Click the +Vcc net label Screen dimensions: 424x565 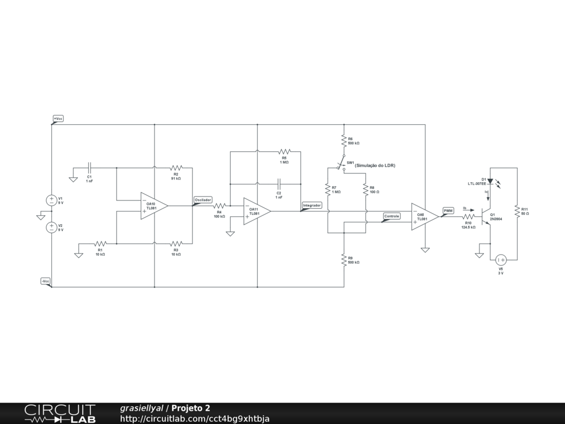click(58, 119)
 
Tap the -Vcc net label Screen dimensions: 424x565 click(46, 281)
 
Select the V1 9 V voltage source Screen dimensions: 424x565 click(51, 200)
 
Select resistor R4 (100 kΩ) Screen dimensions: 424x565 click(219, 206)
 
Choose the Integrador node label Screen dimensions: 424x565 click(312, 205)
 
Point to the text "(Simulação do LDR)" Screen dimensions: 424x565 click(375, 166)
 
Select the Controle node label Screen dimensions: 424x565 click(391, 216)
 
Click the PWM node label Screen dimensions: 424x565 click(448, 210)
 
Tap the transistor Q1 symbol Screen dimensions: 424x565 click(486, 216)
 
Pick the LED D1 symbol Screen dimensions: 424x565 click(490, 181)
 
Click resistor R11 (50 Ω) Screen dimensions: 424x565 click(517, 211)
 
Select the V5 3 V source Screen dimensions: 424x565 click(501, 259)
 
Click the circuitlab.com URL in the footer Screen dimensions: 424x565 click(195, 418)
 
